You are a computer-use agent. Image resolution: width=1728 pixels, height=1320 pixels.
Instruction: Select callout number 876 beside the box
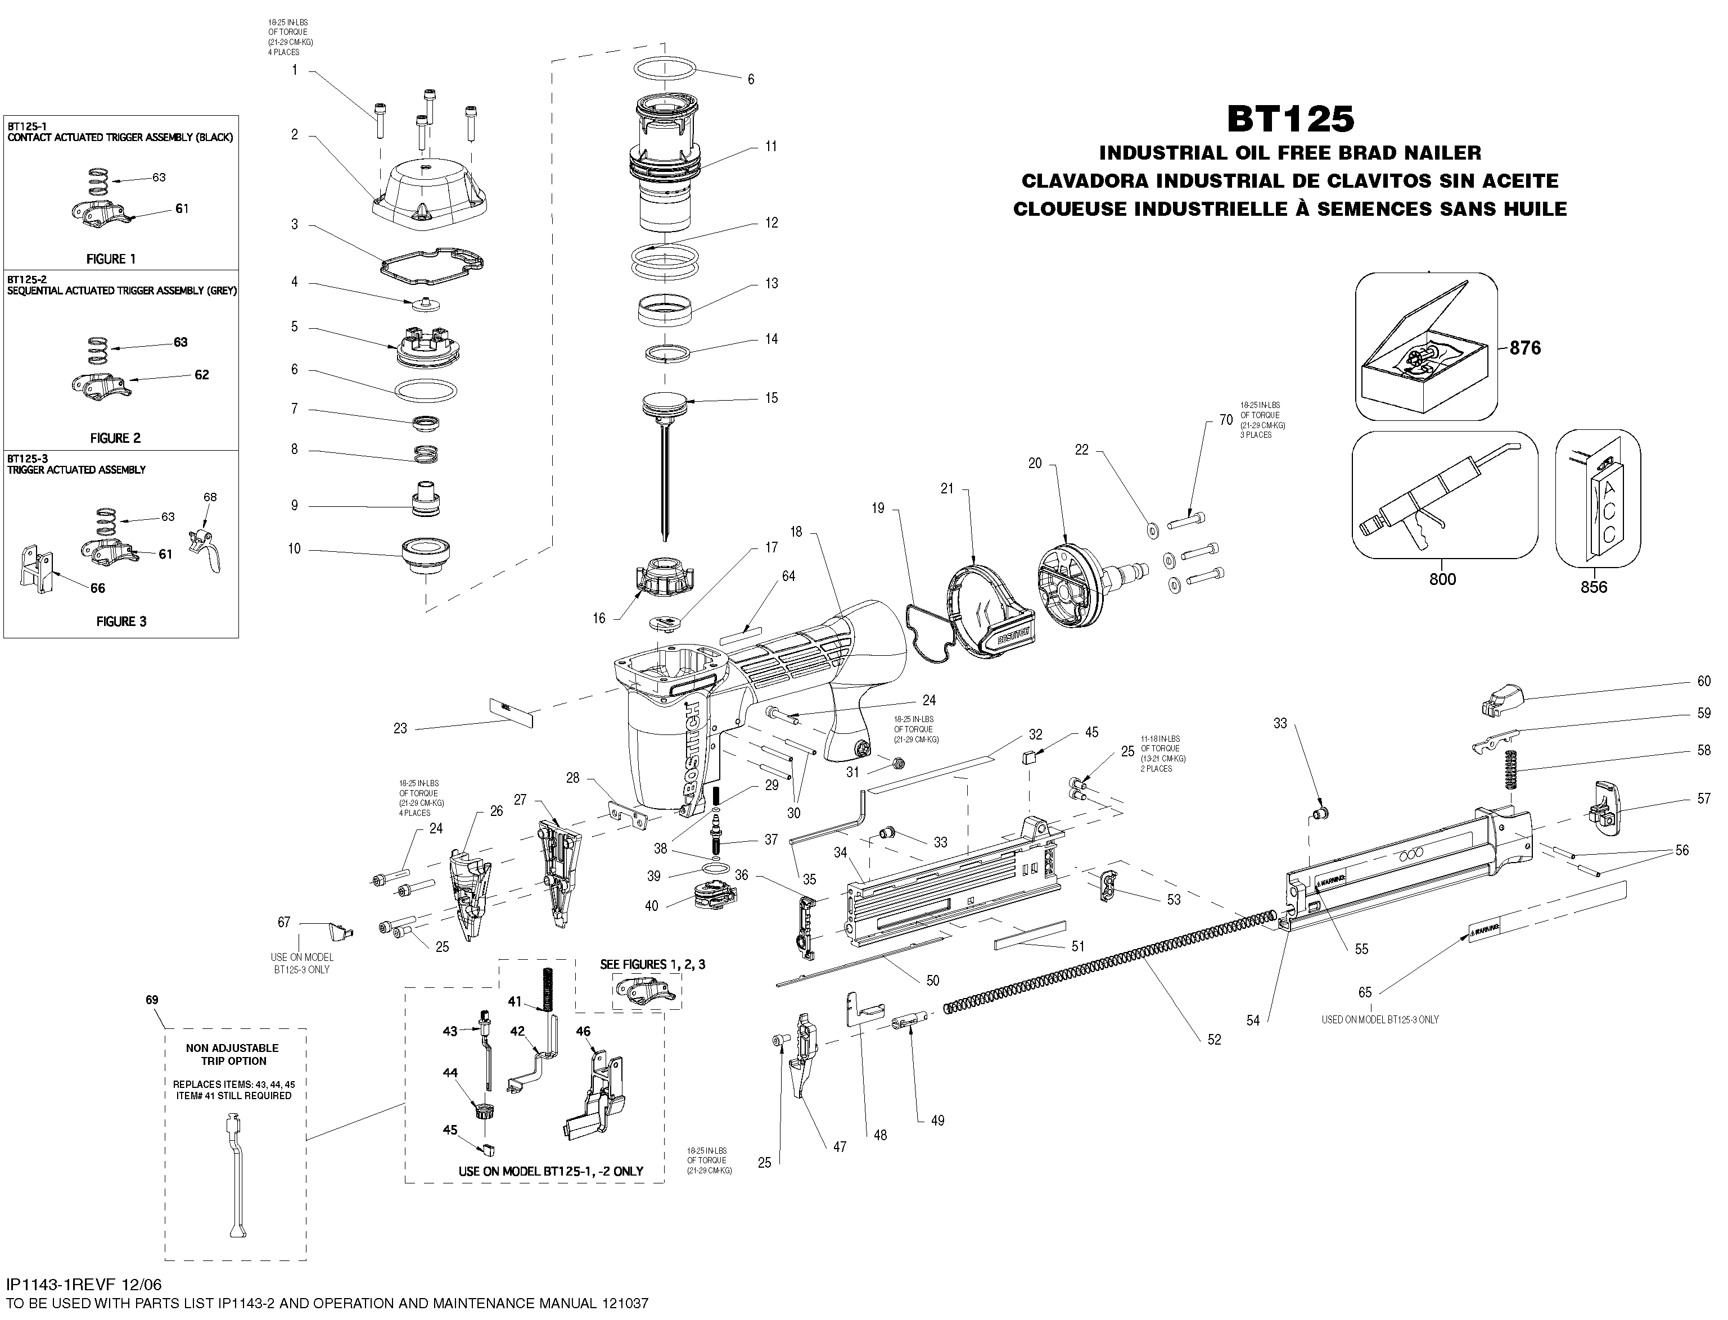pos(1524,348)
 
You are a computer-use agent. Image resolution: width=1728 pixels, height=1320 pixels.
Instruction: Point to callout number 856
pos(1594,586)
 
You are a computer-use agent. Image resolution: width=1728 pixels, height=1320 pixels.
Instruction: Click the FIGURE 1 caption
pos(111,258)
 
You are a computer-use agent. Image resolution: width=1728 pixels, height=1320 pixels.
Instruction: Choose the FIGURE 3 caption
pos(121,621)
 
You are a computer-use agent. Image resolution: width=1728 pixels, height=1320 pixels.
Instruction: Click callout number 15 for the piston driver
pos(771,398)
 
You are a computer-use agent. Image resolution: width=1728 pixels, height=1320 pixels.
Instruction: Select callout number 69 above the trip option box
pos(152,1000)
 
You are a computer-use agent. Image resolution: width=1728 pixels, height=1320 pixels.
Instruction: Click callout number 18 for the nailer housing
pos(796,532)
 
